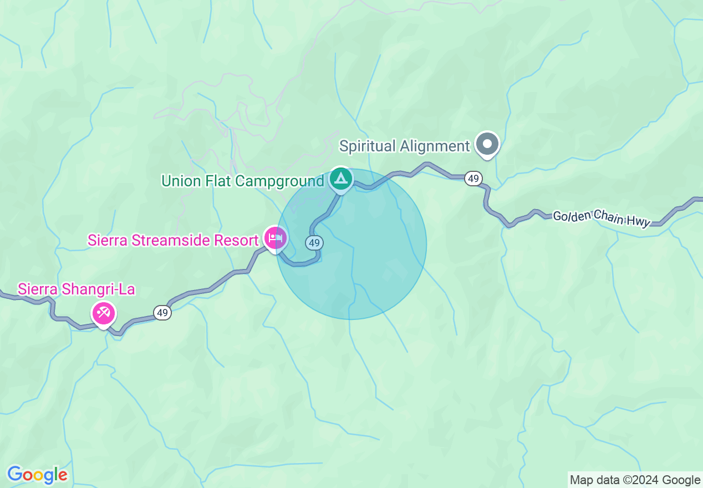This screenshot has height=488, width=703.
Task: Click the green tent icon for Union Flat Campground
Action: pyautogui.click(x=341, y=179)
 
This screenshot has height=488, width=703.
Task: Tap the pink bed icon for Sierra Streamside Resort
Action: pyautogui.click(x=275, y=238)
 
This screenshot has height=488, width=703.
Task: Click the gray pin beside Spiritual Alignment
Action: pyautogui.click(x=488, y=144)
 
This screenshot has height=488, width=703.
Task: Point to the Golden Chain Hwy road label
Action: pyautogui.click(x=602, y=218)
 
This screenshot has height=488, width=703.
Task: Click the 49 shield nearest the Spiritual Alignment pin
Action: pyautogui.click(x=473, y=179)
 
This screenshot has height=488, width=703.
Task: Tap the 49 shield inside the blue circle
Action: pyautogui.click(x=314, y=242)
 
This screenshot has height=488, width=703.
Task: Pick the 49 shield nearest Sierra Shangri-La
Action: pyautogui.click(x=162, y=313)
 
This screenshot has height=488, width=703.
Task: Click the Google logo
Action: pyautogui.click(x=37, y=475)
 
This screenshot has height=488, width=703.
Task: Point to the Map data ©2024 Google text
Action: pyautogui.click(x=635, y=480)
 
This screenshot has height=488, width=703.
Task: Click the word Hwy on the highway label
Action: pyautogui.click(x=638, y=221)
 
